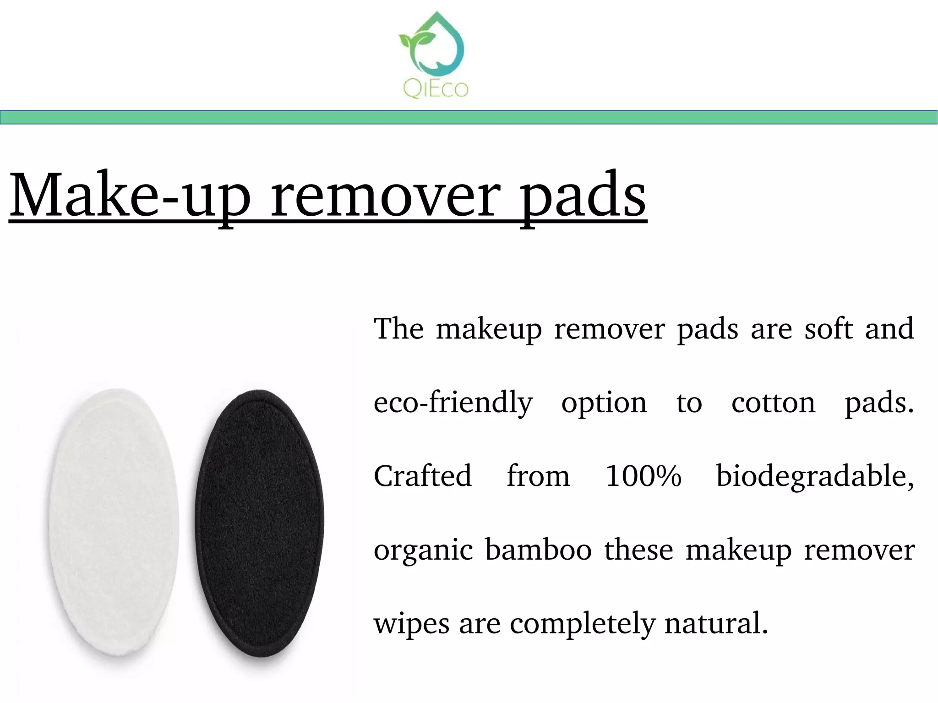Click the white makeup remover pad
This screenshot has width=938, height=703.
click(x=114, y=522)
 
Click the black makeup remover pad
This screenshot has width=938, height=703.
click(x=260, y=522)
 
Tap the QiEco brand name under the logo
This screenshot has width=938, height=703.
click(x=436, y=88)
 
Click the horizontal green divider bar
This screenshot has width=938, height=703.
click(x=469, y=117)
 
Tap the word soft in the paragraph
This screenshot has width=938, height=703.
click(x=829, y=329)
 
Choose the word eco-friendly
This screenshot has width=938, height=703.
click(x=453, y=403)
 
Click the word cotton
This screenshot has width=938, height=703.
click(x=773, y=403)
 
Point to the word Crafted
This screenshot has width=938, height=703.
click(x=422, y=476)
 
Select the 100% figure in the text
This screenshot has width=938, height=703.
click(x=643, y=476)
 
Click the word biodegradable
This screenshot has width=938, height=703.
click(x=815, y=476)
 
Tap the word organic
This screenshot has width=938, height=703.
click(x=423, y=550)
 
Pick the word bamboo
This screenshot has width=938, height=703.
click(x=538, y=550)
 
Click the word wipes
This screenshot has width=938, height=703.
click(x=411, y=623)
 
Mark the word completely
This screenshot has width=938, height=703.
click(x=583, y=623)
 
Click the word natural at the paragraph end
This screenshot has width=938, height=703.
click(x=716, y=623)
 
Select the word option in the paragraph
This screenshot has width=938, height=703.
click(x=604, y=403)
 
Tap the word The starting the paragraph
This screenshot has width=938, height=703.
click(x=398, y=329)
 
